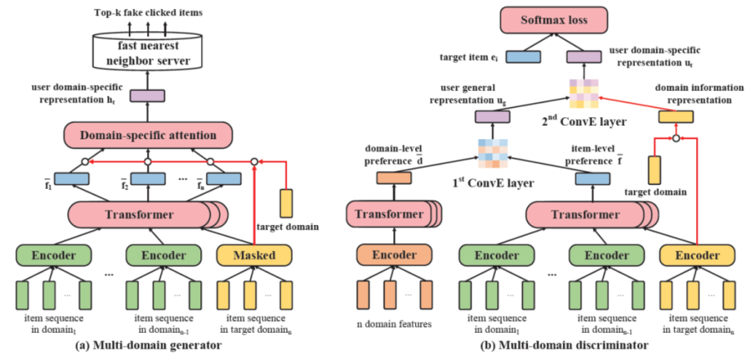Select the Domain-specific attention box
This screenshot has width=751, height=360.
click(147, 136)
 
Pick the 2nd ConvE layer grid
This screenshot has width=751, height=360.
click(583, 95)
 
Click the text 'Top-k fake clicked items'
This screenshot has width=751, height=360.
click(148, 13)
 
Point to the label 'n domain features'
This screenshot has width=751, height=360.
click(394, 324)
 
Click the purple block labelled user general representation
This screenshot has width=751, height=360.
click(492, 117)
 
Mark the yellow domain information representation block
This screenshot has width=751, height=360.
click(676, 117)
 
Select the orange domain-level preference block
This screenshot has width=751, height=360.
click(394, 179)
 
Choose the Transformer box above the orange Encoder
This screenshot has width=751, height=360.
click(394, 215)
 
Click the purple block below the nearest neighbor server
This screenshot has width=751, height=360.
click(147, 96)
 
